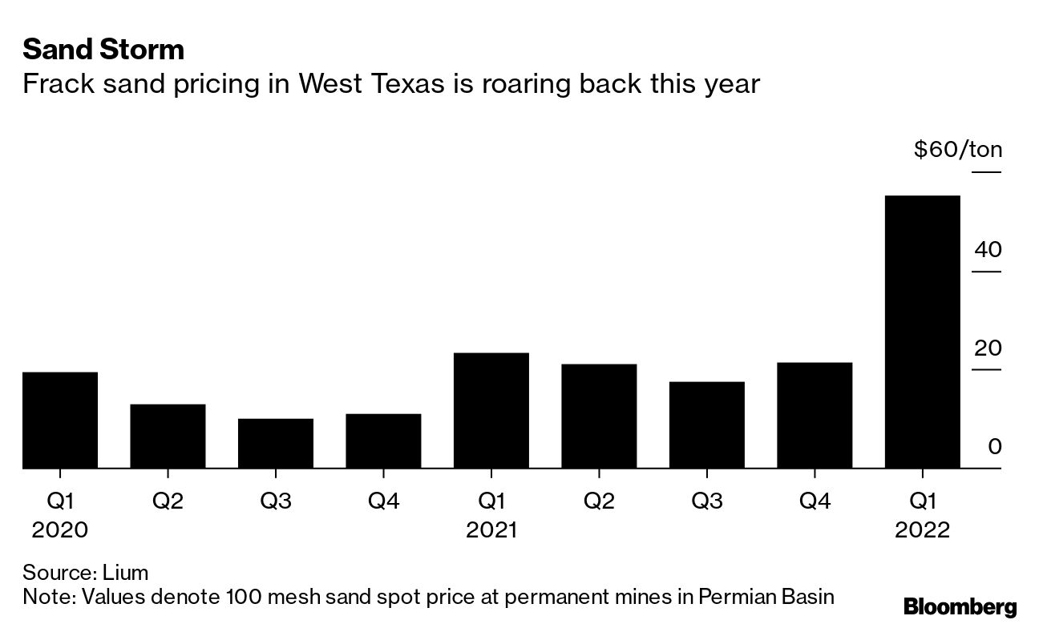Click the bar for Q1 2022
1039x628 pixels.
922,332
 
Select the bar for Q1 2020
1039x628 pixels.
60,420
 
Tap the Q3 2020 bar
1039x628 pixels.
276,443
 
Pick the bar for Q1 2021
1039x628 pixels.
491,410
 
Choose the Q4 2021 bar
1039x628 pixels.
815,415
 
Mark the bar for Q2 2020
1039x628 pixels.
168,436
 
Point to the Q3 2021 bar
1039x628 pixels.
706,425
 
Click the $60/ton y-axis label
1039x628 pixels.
957,150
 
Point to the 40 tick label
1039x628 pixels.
988,250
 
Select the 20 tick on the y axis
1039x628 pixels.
988,348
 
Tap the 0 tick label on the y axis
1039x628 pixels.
994,447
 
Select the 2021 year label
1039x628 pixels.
491,530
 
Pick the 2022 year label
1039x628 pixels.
922,530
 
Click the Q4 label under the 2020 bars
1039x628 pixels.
383,501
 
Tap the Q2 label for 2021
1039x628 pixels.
599,501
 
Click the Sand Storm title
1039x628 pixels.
103,50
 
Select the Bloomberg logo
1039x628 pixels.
960,606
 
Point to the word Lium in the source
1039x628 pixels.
126,573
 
